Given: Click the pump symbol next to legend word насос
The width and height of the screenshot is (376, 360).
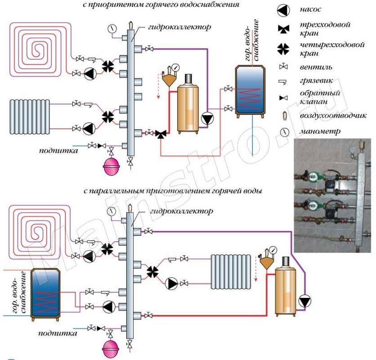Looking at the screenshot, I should click(x=283, y=9).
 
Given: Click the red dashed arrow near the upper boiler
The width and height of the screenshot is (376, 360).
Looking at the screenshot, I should click(x=158, y=90).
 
